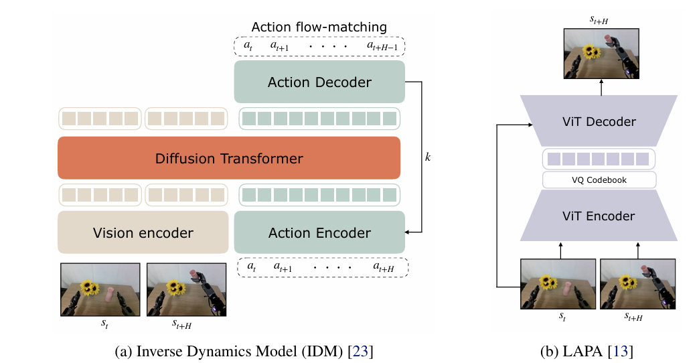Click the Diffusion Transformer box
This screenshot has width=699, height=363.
point(229,159)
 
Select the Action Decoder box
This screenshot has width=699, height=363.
point(319,82)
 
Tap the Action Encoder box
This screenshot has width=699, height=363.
point(319,232)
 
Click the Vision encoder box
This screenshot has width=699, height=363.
point(143,232)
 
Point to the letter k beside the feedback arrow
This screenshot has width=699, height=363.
point(428,157)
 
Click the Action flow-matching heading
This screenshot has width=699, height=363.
point(319,27)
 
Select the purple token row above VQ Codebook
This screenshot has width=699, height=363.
point(598,159)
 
